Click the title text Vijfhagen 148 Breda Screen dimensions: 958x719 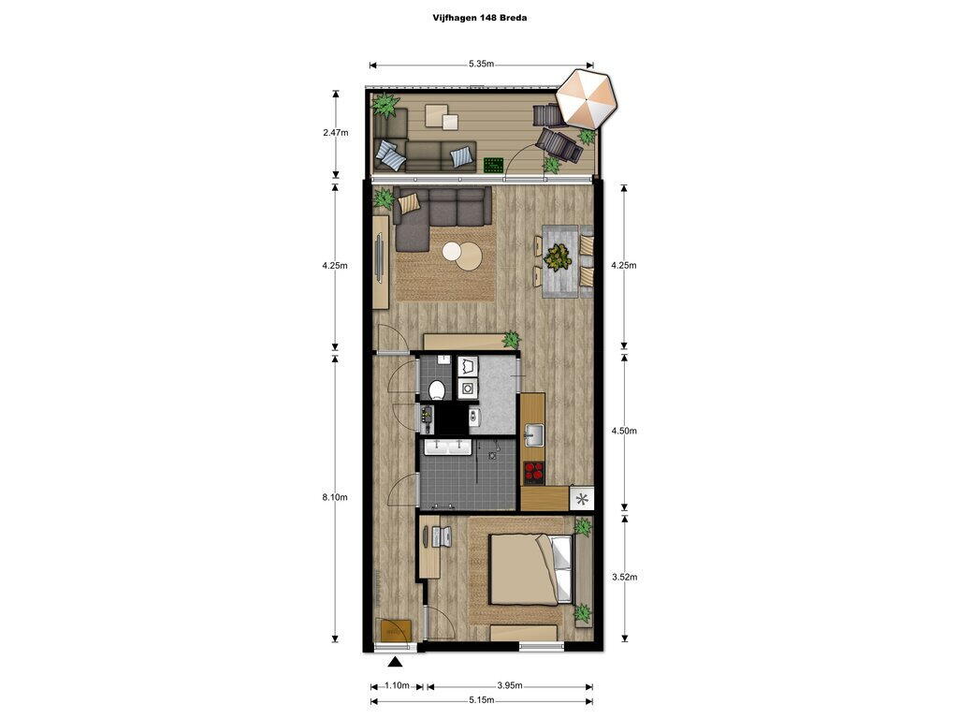[x=480, y=18]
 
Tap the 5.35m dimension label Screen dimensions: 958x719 [x=482, y=64]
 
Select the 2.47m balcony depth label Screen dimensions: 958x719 [x=336, y=132]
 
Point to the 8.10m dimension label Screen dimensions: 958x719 [x=335, y=497]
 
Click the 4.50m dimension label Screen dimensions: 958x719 [x=624, y=431]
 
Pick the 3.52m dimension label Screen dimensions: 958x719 [x=624, y=577]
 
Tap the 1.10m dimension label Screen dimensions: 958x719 [x=397, y=685]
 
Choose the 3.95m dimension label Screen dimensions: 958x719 [x=510, y=685]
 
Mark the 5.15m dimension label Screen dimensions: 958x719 [x=481, y=700]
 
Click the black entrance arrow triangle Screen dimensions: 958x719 [x=396, y=662]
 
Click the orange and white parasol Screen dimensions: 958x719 [x=588, y=99]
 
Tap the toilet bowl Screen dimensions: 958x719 [x=437, y=389]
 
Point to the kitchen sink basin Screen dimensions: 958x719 [x=533, y=436]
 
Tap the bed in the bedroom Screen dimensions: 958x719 [x=531, y=568]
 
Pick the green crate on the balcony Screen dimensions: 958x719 [x=494, y=165]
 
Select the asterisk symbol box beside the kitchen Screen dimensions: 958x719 [x=582, y=498]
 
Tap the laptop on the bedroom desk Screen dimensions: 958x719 [x=441, y=536]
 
